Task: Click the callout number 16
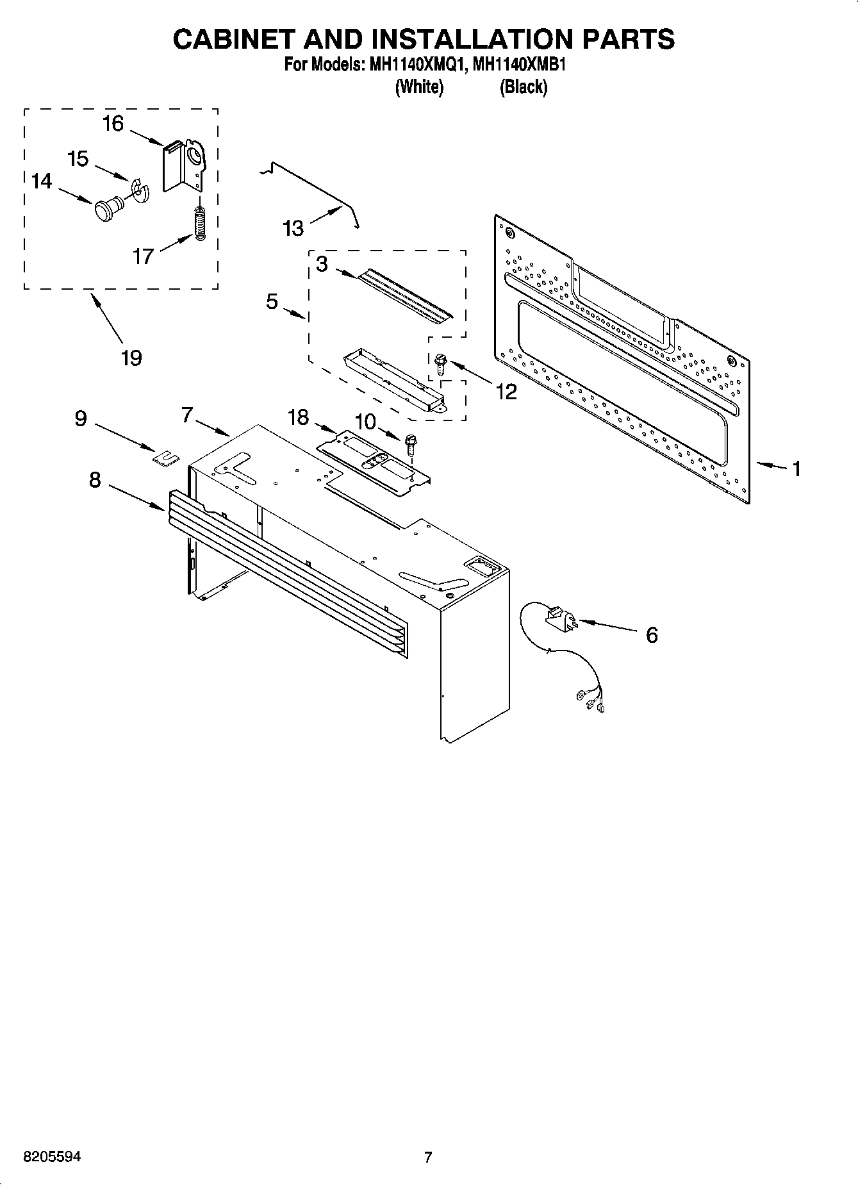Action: [x=113, y=123]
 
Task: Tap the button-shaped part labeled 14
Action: [x=105, y=209]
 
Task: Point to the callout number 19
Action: [x=131, y=358]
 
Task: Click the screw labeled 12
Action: [x=440, y=365]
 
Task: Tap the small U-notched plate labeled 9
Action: [x=165, y=457]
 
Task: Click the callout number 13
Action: [x=293, y=228]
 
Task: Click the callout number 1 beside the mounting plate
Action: [x=796, y=469]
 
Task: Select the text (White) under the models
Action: [x=420, y=87]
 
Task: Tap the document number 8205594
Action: [x=52, y=1157]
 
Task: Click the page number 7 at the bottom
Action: [x=429, y=1157]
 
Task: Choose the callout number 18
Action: [x=299, y=417]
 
